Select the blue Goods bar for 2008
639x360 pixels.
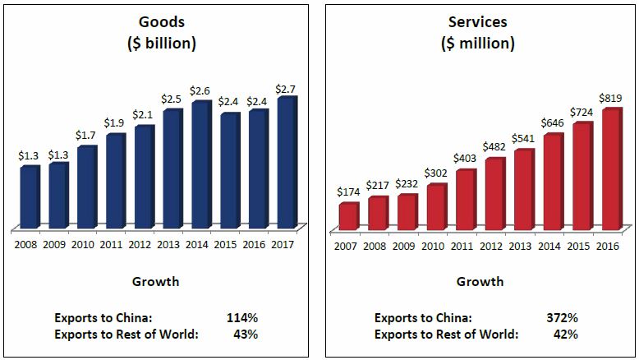point(30,197)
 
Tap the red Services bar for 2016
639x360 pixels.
point(610,168)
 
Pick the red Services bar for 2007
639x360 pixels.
point(348,215)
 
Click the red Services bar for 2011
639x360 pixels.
point(465,199)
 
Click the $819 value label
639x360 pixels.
point(612,99)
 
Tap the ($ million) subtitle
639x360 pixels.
point(480,44)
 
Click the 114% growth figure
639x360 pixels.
point(242,317)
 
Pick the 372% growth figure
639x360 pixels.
point(563,317)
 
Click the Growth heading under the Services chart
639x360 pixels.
point(480,282)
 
